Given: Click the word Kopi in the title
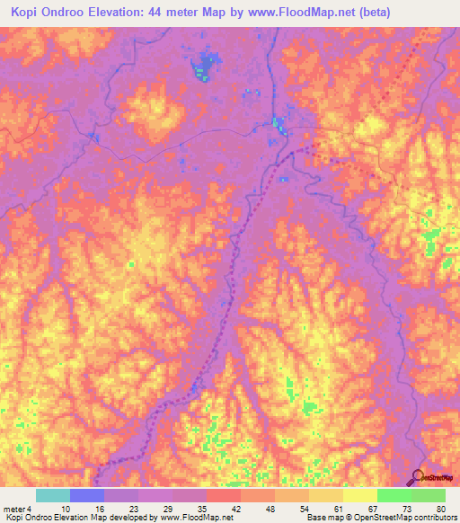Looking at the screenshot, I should (29, 13).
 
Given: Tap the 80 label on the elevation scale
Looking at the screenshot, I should (439, 508).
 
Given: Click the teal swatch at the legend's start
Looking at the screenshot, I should (52, 495).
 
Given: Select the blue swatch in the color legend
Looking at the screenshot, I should (86, 495).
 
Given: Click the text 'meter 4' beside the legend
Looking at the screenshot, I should (15, 508).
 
